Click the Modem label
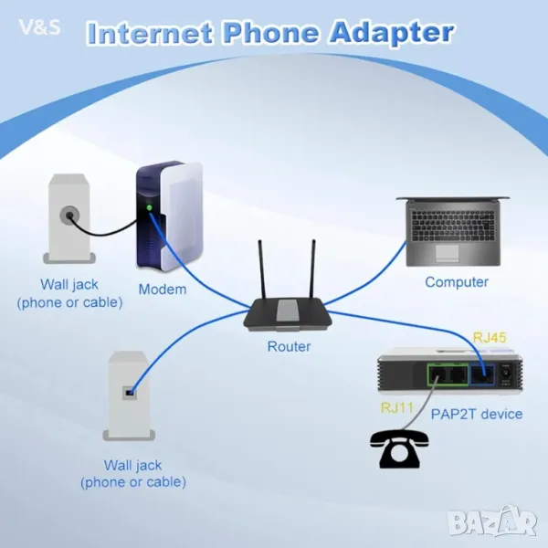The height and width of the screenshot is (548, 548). pos(162,290)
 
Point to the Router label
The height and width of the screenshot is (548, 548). pos(289,346)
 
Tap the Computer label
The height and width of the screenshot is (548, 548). pos(457,282)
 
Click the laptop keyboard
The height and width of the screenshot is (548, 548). pos(454,225)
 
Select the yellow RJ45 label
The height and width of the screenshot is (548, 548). pos(490,338)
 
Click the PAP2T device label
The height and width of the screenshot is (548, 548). pos(478,414)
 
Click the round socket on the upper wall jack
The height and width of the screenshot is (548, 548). pos(68,216)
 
